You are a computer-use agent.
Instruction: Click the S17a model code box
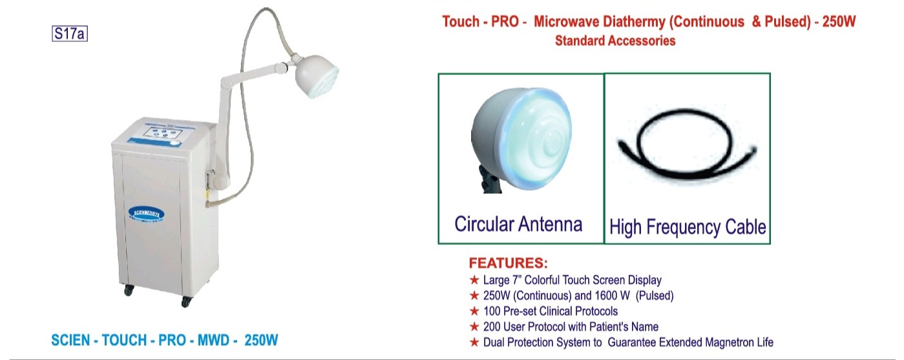(x=69, y=34)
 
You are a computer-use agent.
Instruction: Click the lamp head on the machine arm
(x=316, y=76)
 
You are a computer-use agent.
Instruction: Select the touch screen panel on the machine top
(x=164, y=133)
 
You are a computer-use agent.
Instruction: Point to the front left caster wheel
(x=129, y=290)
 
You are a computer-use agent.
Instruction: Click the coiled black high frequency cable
(x=687, y=143)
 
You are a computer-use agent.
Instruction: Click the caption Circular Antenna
(x=518, y=224)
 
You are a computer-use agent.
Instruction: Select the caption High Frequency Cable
(x=688, y=227)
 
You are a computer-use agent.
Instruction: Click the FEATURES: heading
(x=508, y=263)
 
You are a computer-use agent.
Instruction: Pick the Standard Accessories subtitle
(x=615, y=41)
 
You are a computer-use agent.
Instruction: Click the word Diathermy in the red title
(x=634, y=22)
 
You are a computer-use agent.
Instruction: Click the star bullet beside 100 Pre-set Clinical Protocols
(x=474, y=311)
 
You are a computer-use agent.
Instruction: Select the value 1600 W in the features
(x=612, y=295)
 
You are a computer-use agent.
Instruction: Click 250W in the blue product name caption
(x=261, y=340)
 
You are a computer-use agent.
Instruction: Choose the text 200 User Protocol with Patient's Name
(x=571, y=326)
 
